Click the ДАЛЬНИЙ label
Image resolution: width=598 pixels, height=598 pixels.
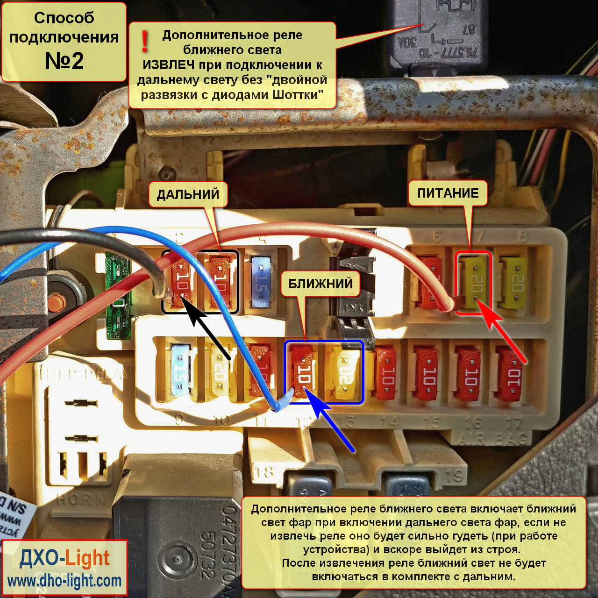pyautogui.click(x=188, y=194)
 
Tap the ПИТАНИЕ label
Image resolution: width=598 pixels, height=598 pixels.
pyautogui.click(x=448, y=193)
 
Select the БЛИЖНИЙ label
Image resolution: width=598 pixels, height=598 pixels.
pyautogui.click(x=320, y=284)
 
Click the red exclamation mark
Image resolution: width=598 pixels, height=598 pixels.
pyautogui.click(x=145, y=42)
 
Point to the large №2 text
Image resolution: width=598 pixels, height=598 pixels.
pyautogui.click(x=64, y=61)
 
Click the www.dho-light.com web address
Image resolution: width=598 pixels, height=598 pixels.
pyautogui.click(x=64, y=581)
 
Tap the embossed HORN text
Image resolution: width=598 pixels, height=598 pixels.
pyautogui.click(x=81, y=500)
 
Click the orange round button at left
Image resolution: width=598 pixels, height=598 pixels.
pyautogui.click(x=57, y=301)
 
